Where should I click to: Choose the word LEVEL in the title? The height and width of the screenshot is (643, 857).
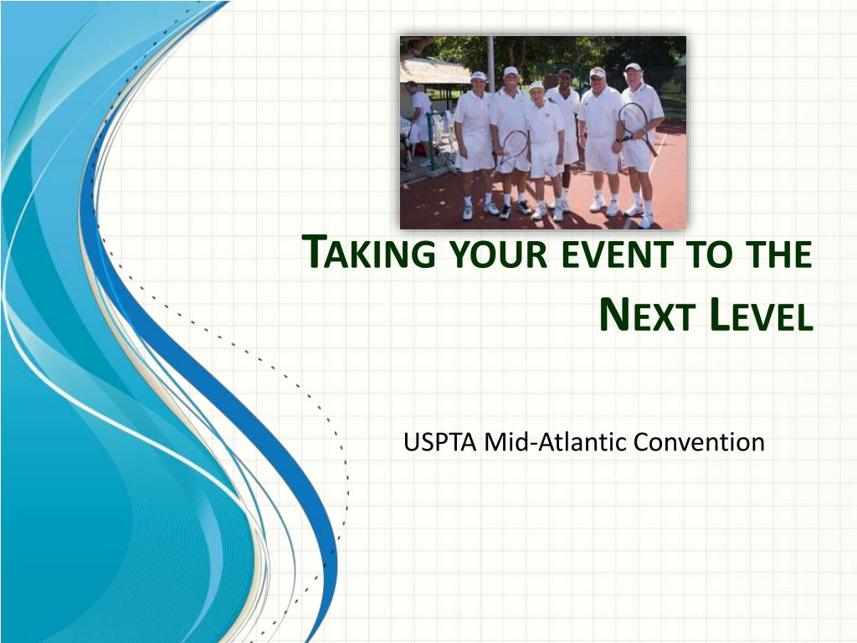click(761, 316)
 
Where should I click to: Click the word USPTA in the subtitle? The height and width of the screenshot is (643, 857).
click(440, 442)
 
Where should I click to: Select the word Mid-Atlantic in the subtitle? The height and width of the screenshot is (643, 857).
click(555, 442)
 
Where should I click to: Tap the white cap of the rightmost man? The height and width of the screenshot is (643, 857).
click(633, 68)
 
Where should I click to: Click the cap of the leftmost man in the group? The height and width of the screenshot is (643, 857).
click(478, 75)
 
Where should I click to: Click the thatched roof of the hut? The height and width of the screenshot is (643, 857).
click(434, 72)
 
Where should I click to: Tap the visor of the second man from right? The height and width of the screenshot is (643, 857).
click(598, 72)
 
